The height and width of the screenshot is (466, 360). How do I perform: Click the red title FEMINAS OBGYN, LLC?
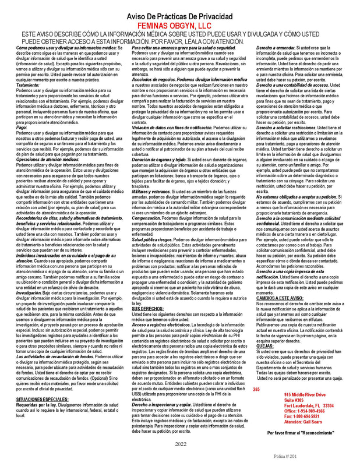pos(179,26)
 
